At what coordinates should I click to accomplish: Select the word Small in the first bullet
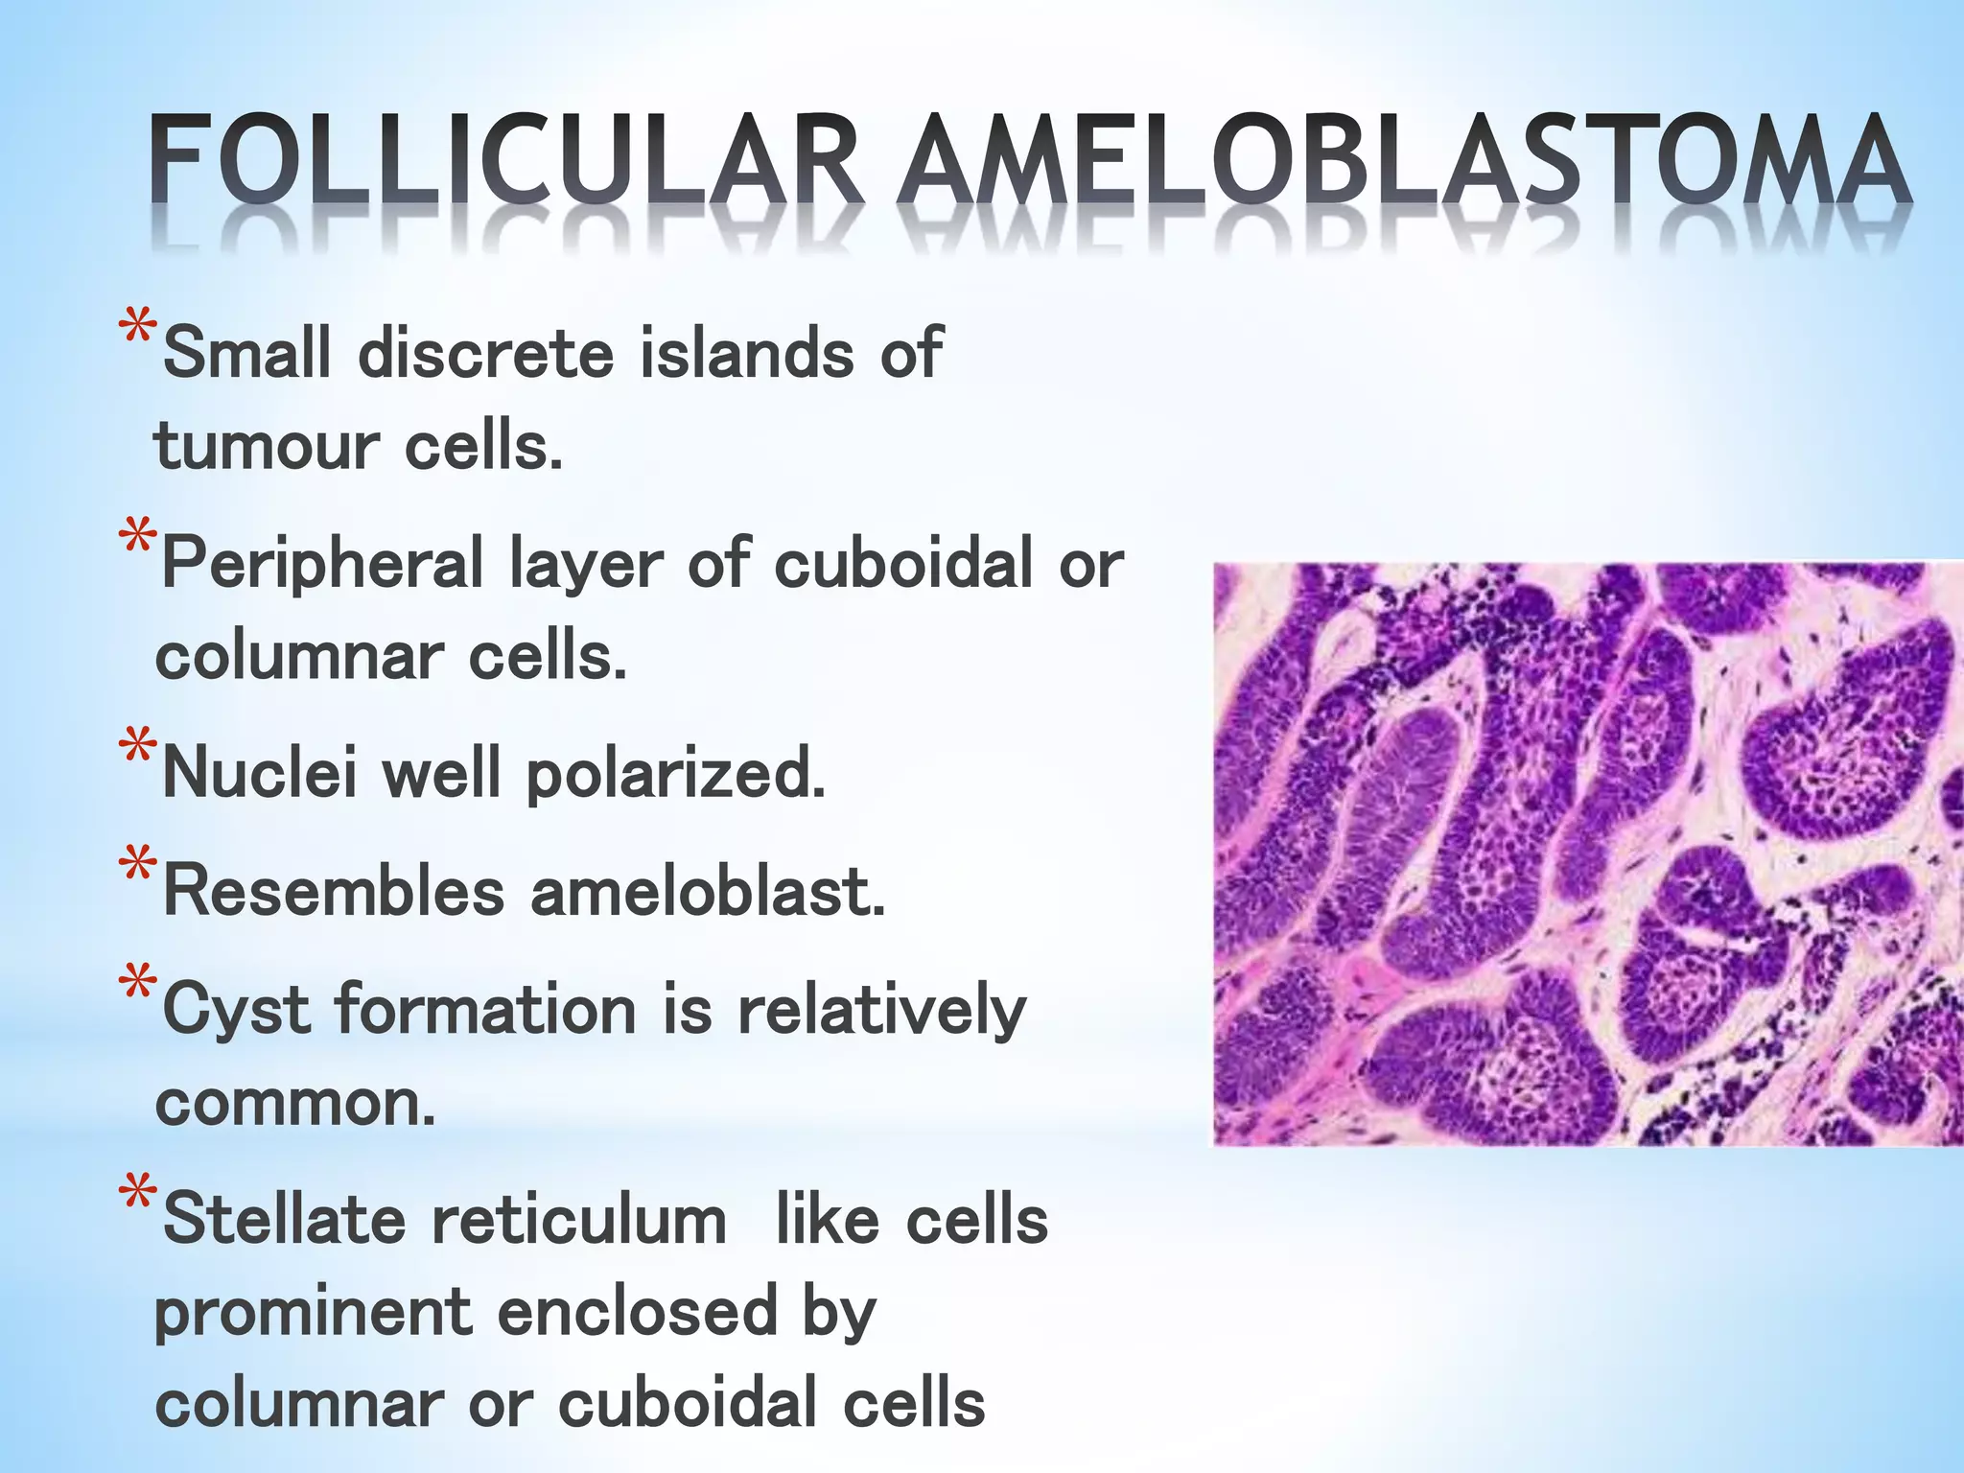(x=247, y=352)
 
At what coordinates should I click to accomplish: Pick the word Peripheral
(x=322, y=564)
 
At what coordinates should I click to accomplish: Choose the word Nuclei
(x=259, y=773)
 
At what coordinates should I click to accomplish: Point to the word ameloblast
(x=707, y=890)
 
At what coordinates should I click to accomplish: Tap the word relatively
(x=881, y=1011)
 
